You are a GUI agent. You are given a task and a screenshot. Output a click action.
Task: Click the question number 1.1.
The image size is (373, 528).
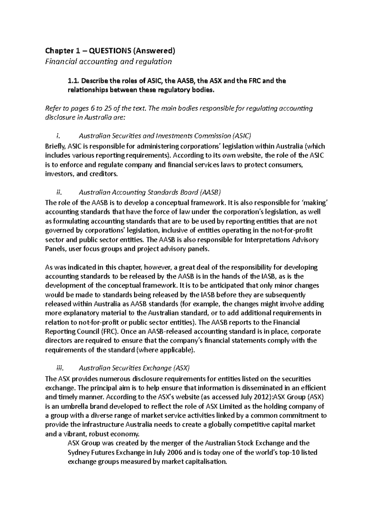click(x=74, y=81)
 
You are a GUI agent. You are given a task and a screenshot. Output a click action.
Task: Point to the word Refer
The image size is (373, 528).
click(x=53, y=109)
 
